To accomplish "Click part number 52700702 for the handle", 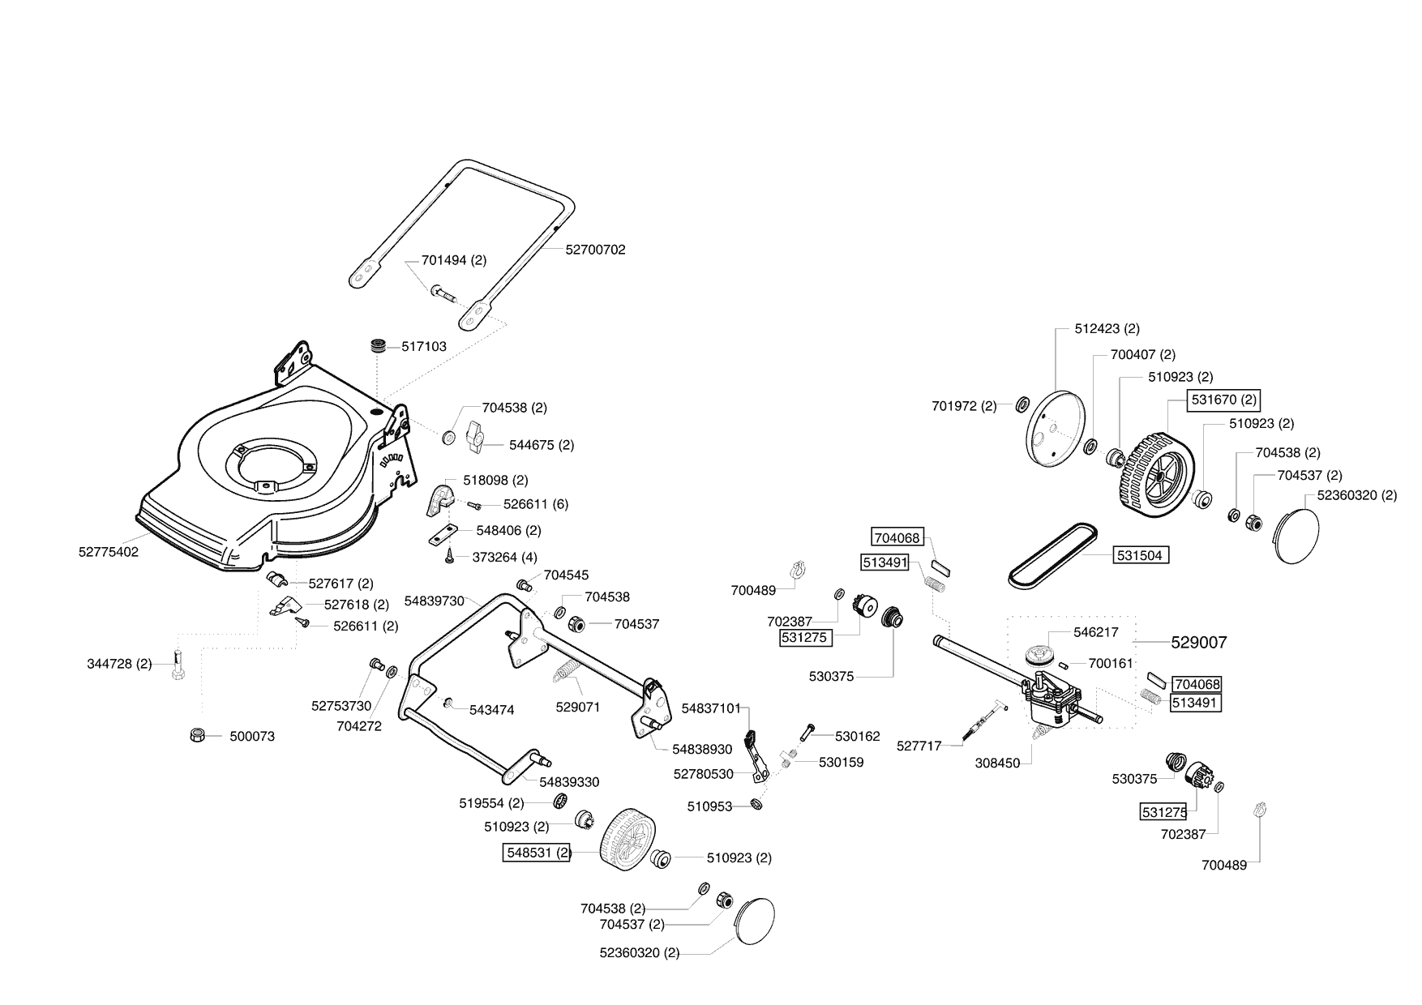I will click(595, 250).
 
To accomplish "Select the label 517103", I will click(424, 346).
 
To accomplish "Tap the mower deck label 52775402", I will click(109, 552).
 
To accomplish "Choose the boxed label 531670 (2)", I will click(1224, 400).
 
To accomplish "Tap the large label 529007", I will click(1199, 643).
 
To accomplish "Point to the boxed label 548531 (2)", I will click(538, 852).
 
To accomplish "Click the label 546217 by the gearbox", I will click(1096, 631).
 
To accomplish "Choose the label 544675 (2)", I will click(542, 445).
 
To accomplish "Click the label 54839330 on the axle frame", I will click(569, 782).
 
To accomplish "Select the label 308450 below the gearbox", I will click(996, 763).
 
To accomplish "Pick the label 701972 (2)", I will click(964, 406).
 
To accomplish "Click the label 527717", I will click(919, 746).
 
